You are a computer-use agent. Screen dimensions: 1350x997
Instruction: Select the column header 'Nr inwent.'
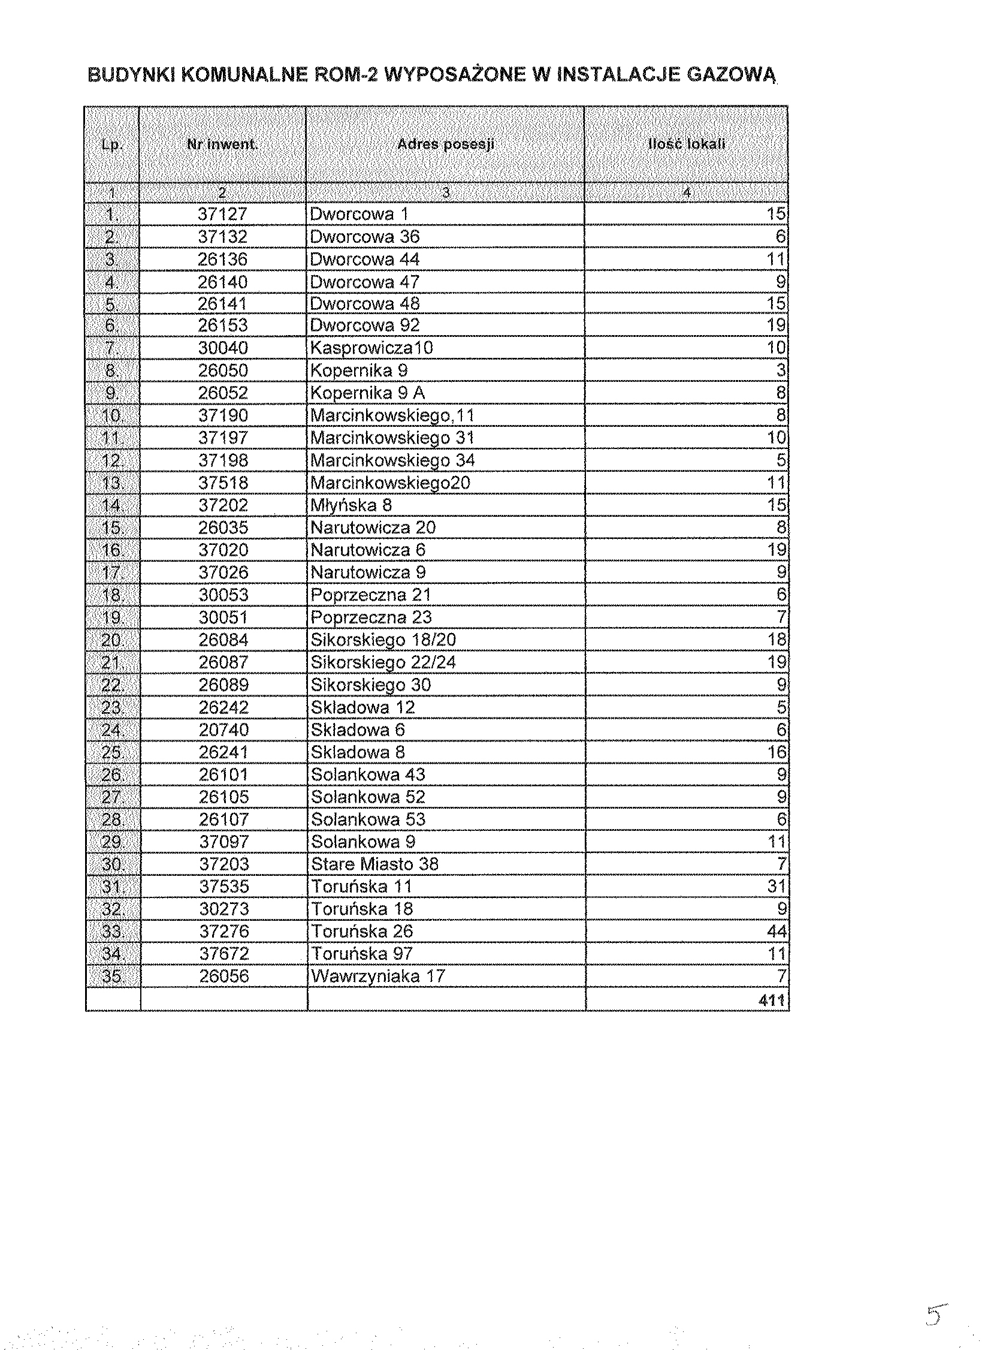point(222,145)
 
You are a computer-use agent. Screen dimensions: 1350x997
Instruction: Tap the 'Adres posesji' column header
point(445,144)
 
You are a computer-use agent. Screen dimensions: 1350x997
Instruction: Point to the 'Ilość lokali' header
point(686,144)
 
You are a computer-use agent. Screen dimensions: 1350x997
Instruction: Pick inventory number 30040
point(223,348)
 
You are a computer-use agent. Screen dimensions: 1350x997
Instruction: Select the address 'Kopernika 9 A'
point(367,393)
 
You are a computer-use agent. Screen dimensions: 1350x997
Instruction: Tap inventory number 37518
point(223,483)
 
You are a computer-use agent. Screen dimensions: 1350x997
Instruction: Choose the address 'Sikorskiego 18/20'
point(383,640)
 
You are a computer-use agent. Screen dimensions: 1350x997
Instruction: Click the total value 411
point(772,1001)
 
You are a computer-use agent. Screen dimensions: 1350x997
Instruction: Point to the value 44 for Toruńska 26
point(776,932)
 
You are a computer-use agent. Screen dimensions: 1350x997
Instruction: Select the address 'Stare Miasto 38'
point(374,864)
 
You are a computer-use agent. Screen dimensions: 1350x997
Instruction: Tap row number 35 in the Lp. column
point(112,977)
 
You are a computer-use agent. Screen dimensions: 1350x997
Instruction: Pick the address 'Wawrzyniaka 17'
point(377,977)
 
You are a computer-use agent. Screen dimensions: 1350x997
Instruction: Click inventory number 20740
point(223,730)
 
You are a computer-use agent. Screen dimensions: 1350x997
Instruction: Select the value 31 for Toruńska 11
point(776,887)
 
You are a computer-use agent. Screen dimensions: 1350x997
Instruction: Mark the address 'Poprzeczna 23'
point(371,617)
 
